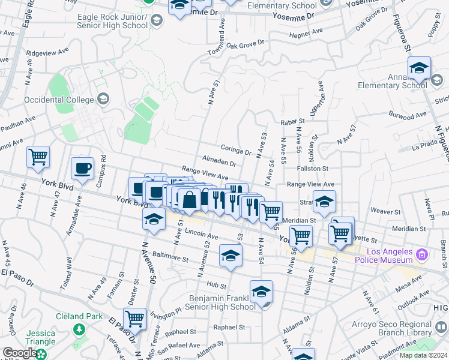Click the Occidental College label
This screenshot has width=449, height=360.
point(59,99)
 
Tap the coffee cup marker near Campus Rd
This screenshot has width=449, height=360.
point(83,169)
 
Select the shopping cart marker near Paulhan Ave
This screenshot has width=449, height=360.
point(38,157)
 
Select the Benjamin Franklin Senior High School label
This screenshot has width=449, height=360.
point(222,302)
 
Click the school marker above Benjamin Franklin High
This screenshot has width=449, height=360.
point(261,292)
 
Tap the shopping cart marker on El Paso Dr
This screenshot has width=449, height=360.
point(135,319)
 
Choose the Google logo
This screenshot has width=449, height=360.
point(20,353)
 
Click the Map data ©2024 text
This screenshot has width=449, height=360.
point(423,355)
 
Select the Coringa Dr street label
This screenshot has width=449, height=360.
point(235,152)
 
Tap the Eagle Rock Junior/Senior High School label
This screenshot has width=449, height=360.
point(112,22)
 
